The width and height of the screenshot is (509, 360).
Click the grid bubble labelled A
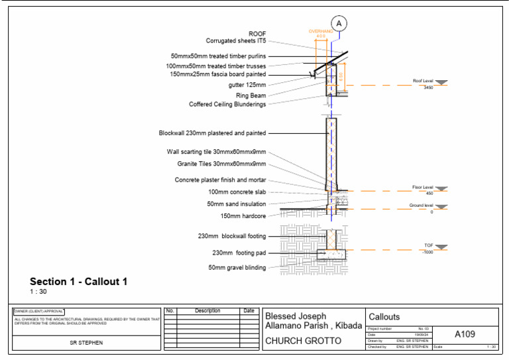[x=339, y=23]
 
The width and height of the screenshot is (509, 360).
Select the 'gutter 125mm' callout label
[x=247, y=86]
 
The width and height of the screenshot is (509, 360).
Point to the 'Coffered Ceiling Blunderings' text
[x=227, y=104]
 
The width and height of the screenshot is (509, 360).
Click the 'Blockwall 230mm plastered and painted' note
[x=212, y=133]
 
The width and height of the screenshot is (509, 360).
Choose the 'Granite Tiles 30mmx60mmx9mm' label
[x=221, y=164]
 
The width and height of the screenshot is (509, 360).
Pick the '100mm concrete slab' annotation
[x=237, y=192]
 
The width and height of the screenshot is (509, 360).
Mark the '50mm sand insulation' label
[x=237, y=204]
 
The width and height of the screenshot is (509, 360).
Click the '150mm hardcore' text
[x=243, y=216]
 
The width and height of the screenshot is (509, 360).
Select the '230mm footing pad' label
[x=239, y=253]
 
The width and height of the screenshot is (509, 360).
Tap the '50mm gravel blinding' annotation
[x=237, y=268]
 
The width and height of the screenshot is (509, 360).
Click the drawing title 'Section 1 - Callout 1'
[x=78, y=282]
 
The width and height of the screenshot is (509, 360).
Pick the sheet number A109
[x=465, y=335]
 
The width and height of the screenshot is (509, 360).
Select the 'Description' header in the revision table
[x=207, y=310]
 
